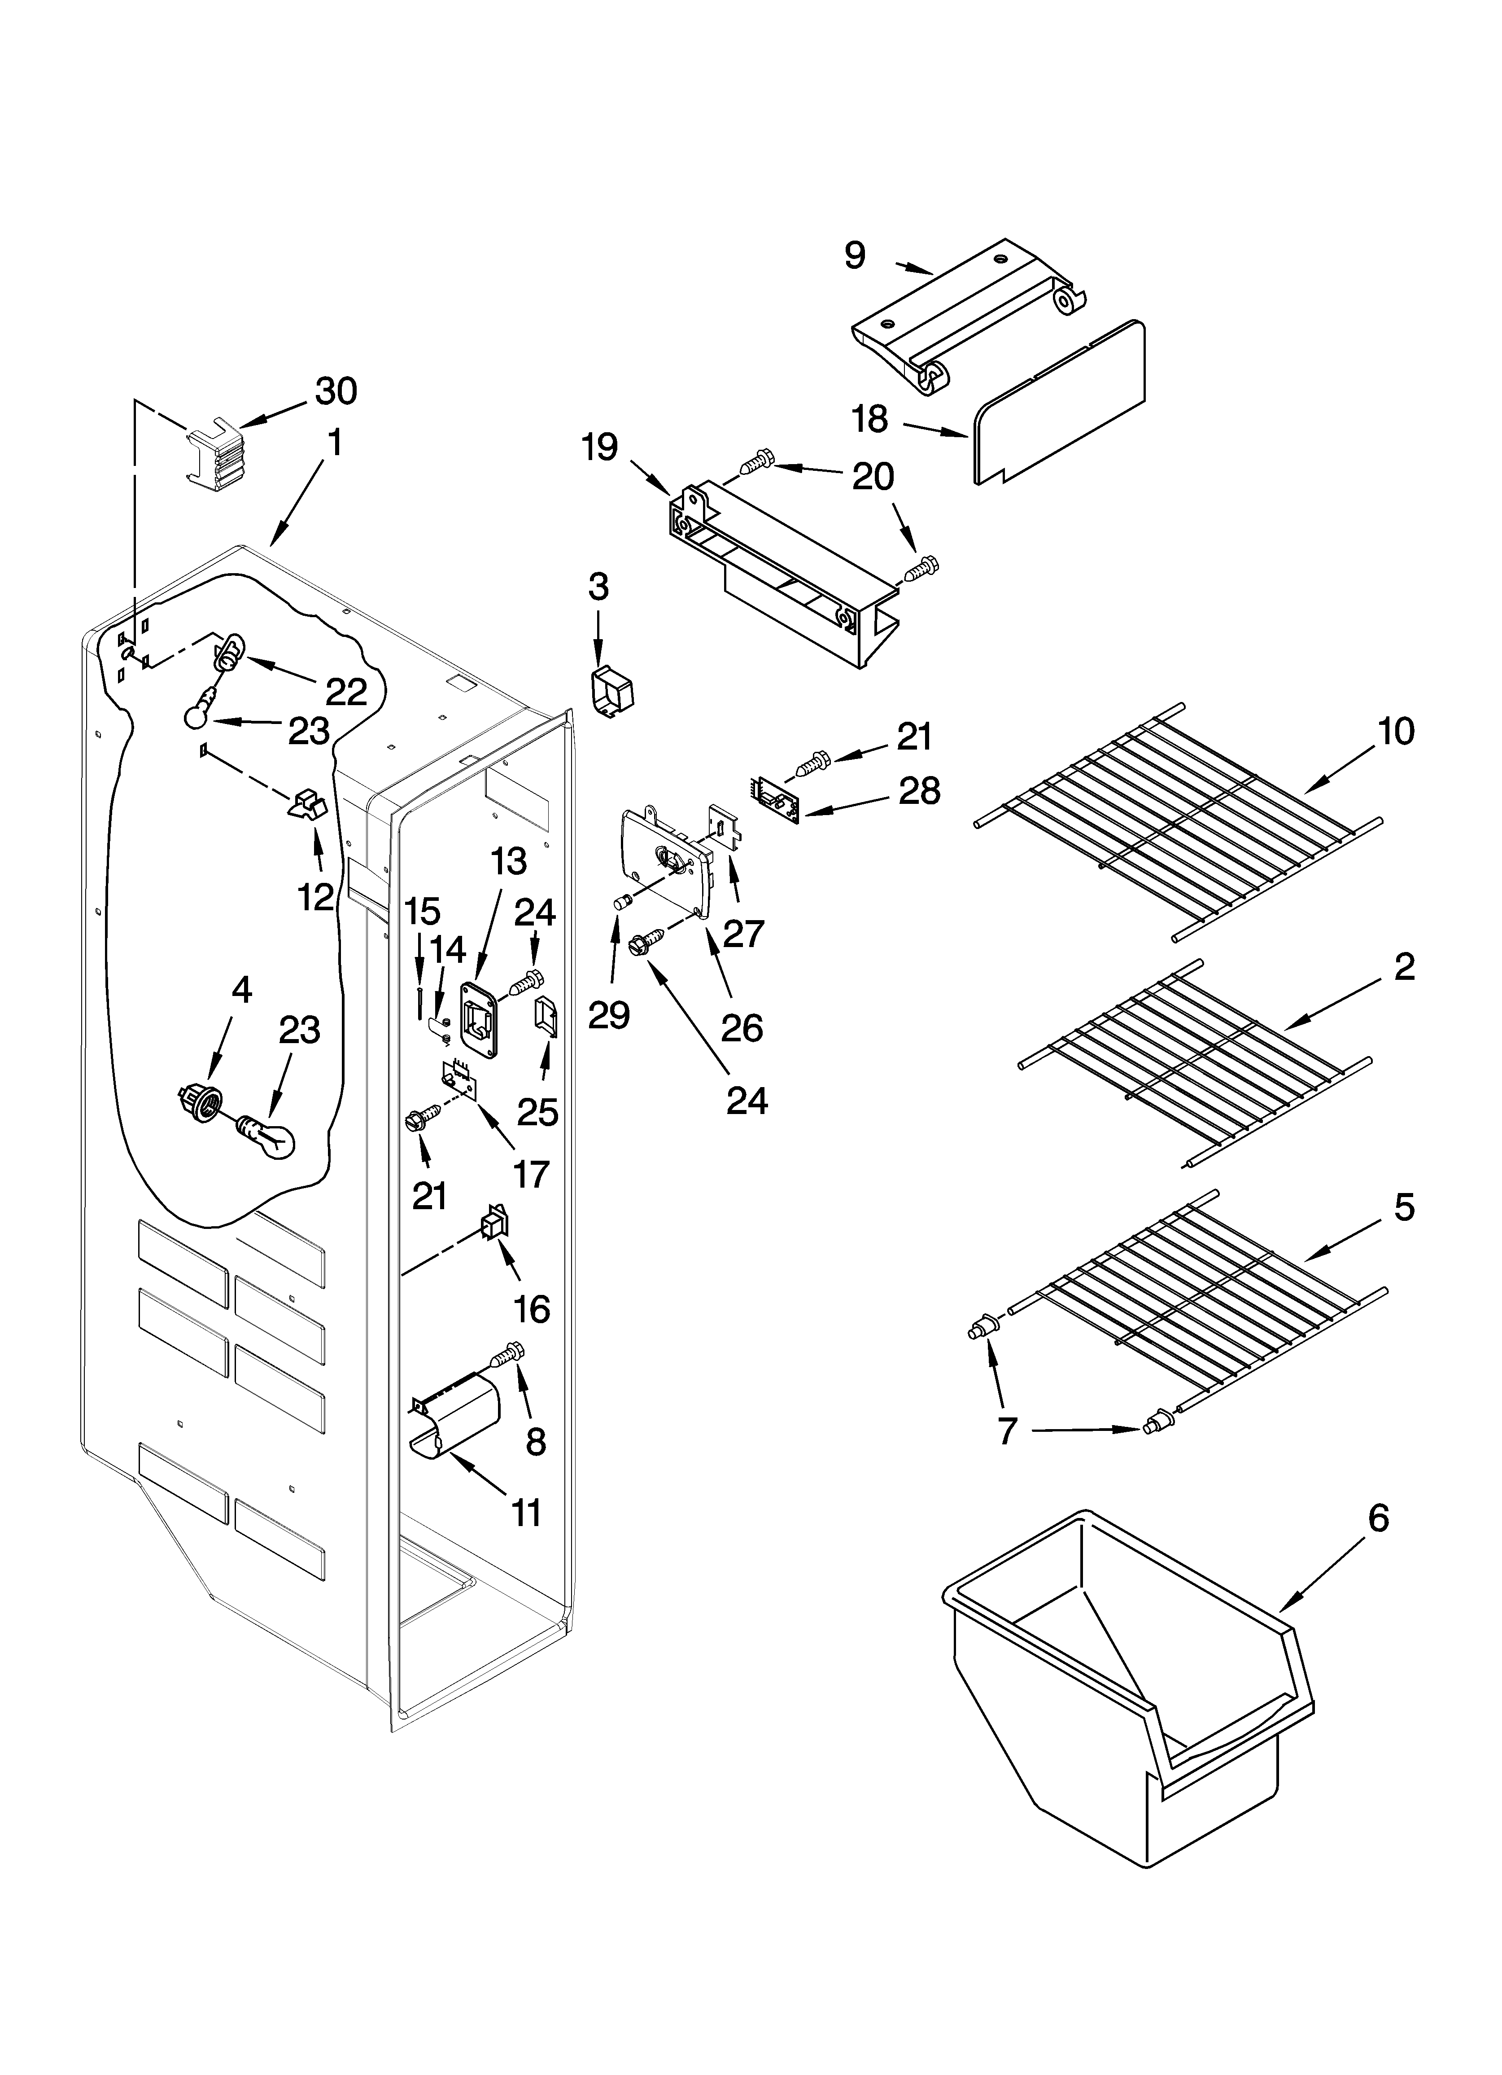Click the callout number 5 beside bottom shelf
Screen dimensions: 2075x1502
[1404, 1208]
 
